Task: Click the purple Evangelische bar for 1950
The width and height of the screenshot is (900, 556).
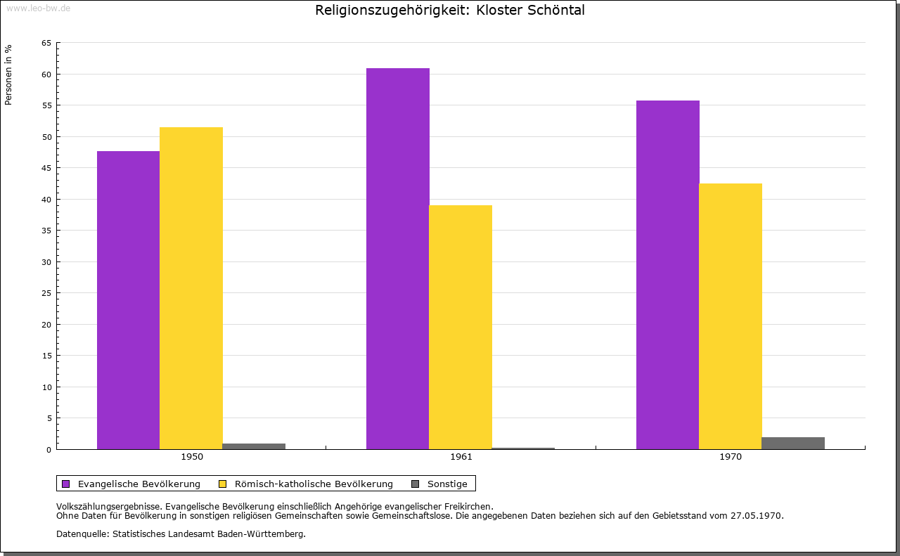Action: click(128, 300)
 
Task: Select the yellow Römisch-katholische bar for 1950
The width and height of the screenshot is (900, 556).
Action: click(191, 288)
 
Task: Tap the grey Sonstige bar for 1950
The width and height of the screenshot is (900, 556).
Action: click(254, 446)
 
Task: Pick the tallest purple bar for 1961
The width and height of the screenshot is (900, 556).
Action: click(397, 259)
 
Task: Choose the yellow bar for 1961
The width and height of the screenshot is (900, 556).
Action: click(461, 327)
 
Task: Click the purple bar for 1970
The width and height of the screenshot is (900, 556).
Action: click(667, 275)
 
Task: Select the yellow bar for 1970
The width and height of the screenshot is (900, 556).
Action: click(731, 316)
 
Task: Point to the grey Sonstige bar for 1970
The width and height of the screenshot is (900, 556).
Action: click(793, 443)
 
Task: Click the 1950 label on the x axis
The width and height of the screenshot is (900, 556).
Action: click(192, 457)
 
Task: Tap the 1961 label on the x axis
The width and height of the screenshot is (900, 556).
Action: click(461, 457)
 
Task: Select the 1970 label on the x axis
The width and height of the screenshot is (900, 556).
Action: click(731, 457)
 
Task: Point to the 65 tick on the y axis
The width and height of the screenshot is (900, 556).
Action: click(46, 43)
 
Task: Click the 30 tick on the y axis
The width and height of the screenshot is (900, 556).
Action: click(46, 261)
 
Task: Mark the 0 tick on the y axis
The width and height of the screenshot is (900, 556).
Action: click(49, 449)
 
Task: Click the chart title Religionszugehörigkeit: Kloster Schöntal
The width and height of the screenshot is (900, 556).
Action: click(450, 11)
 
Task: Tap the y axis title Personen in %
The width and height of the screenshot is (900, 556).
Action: click(8, 75)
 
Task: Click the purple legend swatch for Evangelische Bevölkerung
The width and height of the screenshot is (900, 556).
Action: click(66, 484)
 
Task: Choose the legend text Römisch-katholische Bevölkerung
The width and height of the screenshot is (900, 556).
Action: click(314, 484)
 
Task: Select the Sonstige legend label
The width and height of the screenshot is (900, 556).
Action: click(447, 484)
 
